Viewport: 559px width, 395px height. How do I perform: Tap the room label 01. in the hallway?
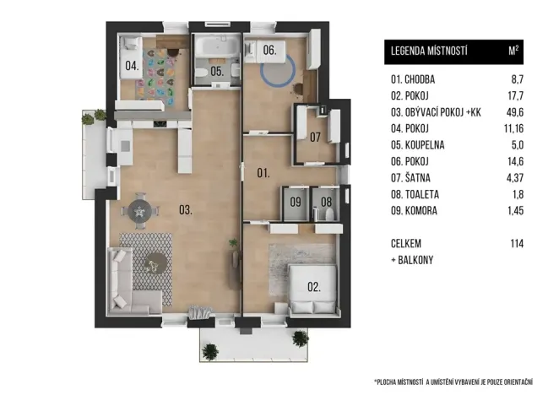263,174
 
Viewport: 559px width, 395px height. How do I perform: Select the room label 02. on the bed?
314,287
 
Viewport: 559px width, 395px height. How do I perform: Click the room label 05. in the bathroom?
217,73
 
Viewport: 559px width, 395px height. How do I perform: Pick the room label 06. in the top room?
269,51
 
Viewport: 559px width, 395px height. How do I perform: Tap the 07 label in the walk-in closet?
314,137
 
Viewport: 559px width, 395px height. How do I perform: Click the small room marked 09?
296,203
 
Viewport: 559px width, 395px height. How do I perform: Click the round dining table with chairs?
143,211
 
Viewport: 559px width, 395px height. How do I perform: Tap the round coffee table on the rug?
155,264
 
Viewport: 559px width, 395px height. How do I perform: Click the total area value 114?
516,243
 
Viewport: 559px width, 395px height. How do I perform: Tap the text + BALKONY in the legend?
412,260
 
